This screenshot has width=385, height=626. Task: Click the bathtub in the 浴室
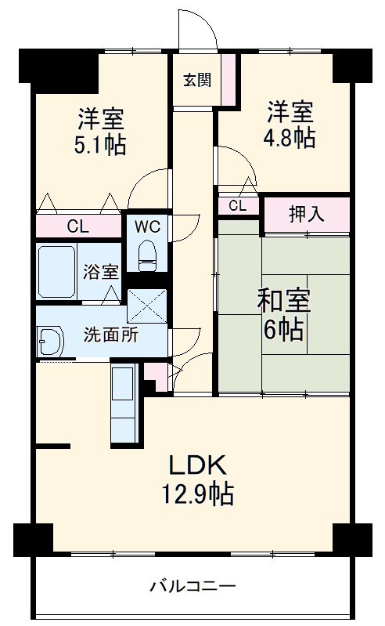(57, 272)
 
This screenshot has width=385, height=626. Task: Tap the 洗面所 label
(110, 335)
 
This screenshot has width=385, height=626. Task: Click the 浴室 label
(102, 272)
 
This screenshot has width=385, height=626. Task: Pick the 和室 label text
(284, 301)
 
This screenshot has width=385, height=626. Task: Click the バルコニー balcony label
(192, 585)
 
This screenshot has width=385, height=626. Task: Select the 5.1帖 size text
(100, 145)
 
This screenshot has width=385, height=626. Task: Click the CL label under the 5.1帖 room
(77, 227)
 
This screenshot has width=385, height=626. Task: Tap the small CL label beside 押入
(238, 206)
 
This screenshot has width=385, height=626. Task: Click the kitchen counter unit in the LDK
(124, 404)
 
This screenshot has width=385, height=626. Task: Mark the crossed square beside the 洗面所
(146, 307)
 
